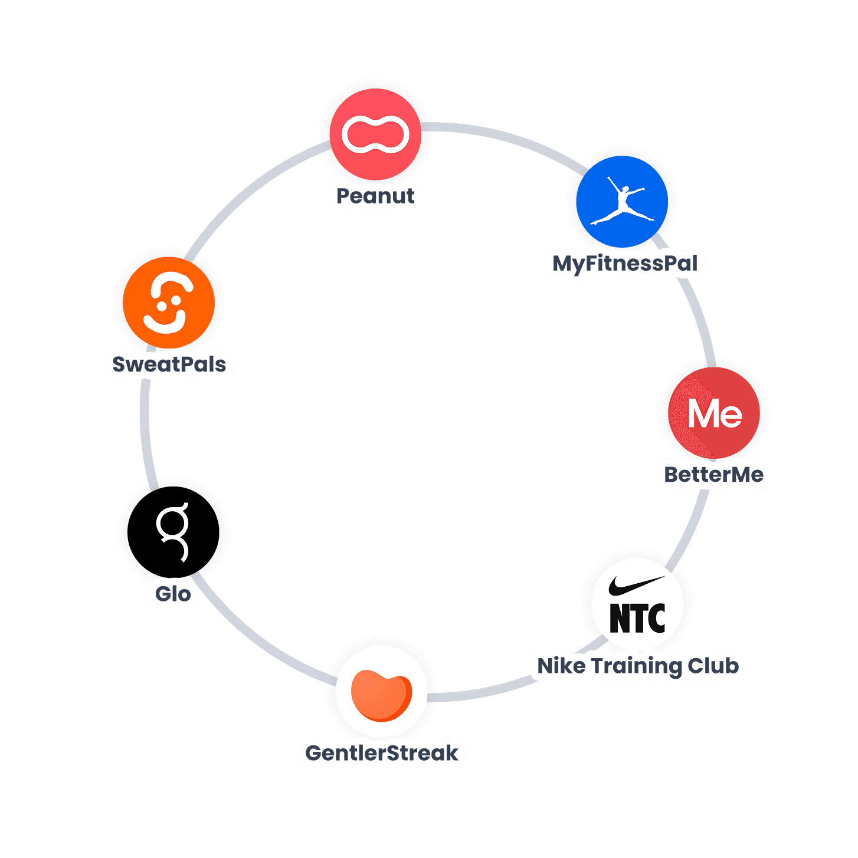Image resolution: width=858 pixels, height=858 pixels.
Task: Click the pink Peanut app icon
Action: (x=375, y=134)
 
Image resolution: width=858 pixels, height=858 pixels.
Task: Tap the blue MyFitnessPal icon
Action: (x=622, y=202)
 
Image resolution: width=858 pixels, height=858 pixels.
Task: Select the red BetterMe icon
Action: (x=714, y=413)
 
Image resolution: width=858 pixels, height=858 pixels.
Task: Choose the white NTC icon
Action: (x=637, y=604)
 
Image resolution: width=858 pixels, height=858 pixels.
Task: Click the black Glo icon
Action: (x=173, y=531)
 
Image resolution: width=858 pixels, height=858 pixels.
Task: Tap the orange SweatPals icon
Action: (x=169, y=303)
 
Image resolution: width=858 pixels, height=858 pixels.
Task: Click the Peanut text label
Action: (x=375, y=196)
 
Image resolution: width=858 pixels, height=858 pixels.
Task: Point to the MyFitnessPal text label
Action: (x=625, y=263)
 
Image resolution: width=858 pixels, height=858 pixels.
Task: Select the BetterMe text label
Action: (x=714, y=475)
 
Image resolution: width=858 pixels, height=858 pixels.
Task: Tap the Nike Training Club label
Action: (x=638, y=666)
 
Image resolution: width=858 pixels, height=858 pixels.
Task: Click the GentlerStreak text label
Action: (x=382, y=753)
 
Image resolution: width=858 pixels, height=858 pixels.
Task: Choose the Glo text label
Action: (x=173, y=594)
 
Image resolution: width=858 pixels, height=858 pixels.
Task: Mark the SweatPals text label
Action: (x=169, y=364)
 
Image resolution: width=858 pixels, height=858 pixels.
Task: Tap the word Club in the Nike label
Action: (x=713, y=666)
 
